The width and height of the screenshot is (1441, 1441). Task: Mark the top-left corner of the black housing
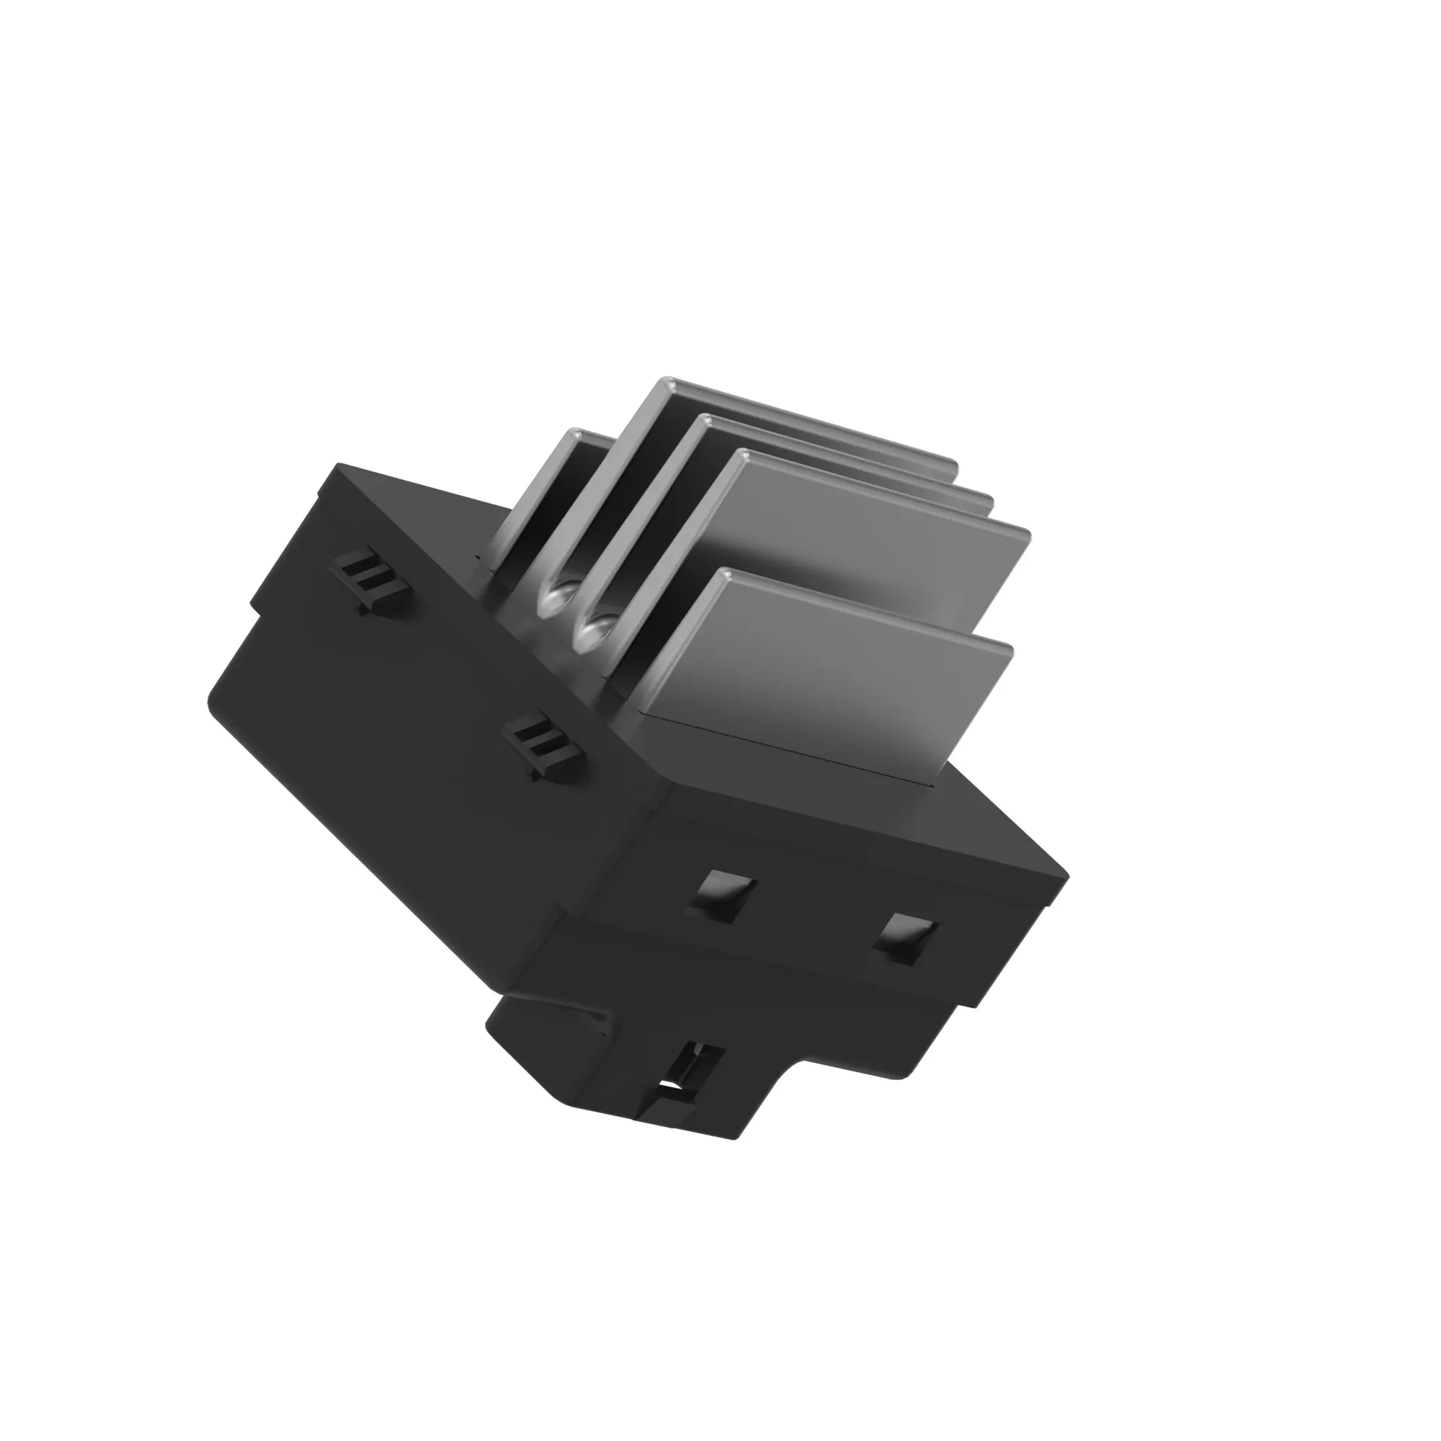click(x=340, y=467)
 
